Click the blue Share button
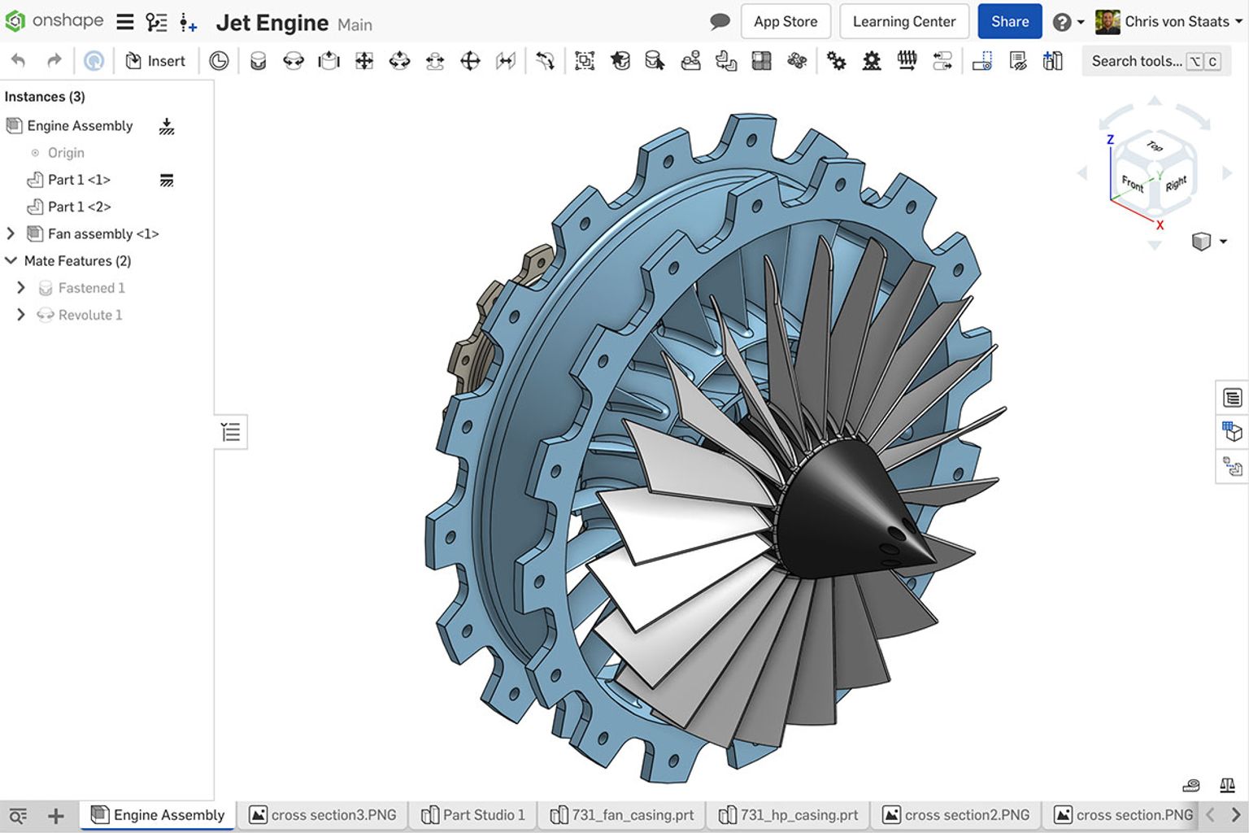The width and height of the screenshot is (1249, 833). (1009, 22)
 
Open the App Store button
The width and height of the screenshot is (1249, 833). (785, 22)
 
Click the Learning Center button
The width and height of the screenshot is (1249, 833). (903, 22)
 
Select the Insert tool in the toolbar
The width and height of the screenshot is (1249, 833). (155, 61)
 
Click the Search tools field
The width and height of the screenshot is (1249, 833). (1136, 61)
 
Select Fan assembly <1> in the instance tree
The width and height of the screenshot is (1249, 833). (102, 233)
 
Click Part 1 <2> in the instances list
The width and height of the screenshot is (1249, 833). (79, 207)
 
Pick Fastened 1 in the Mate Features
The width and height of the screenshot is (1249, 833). (91, 288)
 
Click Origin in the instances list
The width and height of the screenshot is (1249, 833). (65, 153)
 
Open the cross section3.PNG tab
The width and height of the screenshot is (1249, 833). (323, 814)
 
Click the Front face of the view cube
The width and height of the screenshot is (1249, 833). (1132, 183)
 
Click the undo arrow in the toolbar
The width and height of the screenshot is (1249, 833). (19, 61)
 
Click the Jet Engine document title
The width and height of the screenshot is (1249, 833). (272, 23)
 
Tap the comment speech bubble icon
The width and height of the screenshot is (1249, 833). (720, 22)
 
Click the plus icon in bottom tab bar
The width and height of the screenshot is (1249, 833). (55, 815)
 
